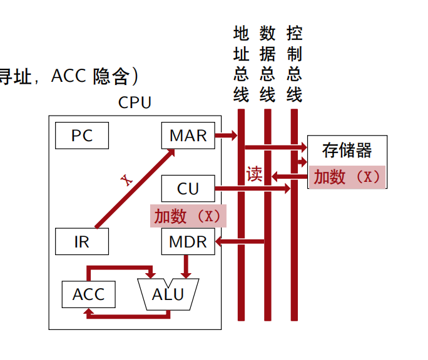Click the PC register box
click(82, 136)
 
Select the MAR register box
click(188, 136)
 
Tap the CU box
click(188, 188)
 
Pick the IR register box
click(82, 241)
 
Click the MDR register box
click(188, 241)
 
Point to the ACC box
click(88, 294)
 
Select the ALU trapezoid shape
click(168, 294)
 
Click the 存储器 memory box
click(347, 151)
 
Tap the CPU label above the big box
click(135, 102)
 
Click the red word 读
click(254, 174)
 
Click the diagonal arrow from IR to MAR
click(135, 188)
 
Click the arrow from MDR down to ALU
click(185, 266)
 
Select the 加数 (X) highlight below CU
click(188, 216)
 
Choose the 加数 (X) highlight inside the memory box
click(347, 177)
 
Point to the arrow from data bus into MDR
click(240, 241)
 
